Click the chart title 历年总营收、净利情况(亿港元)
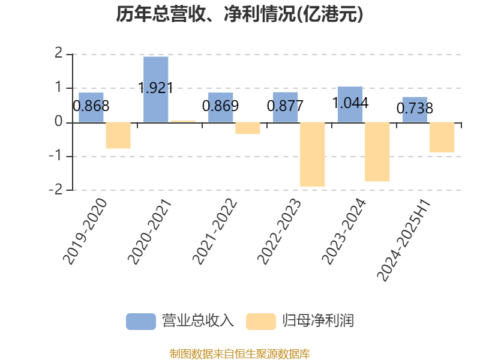tap(239, 14)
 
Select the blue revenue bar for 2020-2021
tap(156, 89)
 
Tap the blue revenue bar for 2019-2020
tap(91, 107)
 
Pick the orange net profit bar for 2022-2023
tap(312, 155)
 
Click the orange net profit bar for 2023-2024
tap(377, 152)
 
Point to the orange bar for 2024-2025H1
tap(442, 137)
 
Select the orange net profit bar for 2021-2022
tap(248, 128)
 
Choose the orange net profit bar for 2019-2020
tap(118, 136)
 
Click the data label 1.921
tap(156, 88)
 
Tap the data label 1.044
tap(350, 103)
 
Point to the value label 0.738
tap(415, 108)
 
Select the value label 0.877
tap(286, 106)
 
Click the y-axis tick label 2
tap(58, 53)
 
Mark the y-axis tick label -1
tap(56, 156)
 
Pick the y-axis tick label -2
tap(56, 190)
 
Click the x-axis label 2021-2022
tap(215, 232)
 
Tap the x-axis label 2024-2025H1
tap(404, 241)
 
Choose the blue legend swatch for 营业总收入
tap(141, 322)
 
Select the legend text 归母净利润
tap(318, 321)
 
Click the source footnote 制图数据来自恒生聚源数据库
tap(240, 354)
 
